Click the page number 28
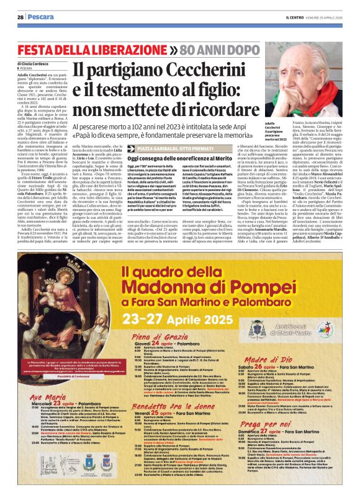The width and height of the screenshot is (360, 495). point(20,17)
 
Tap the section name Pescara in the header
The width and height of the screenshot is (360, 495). point(41,17)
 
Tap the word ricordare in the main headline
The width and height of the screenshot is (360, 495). point(214,109)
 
